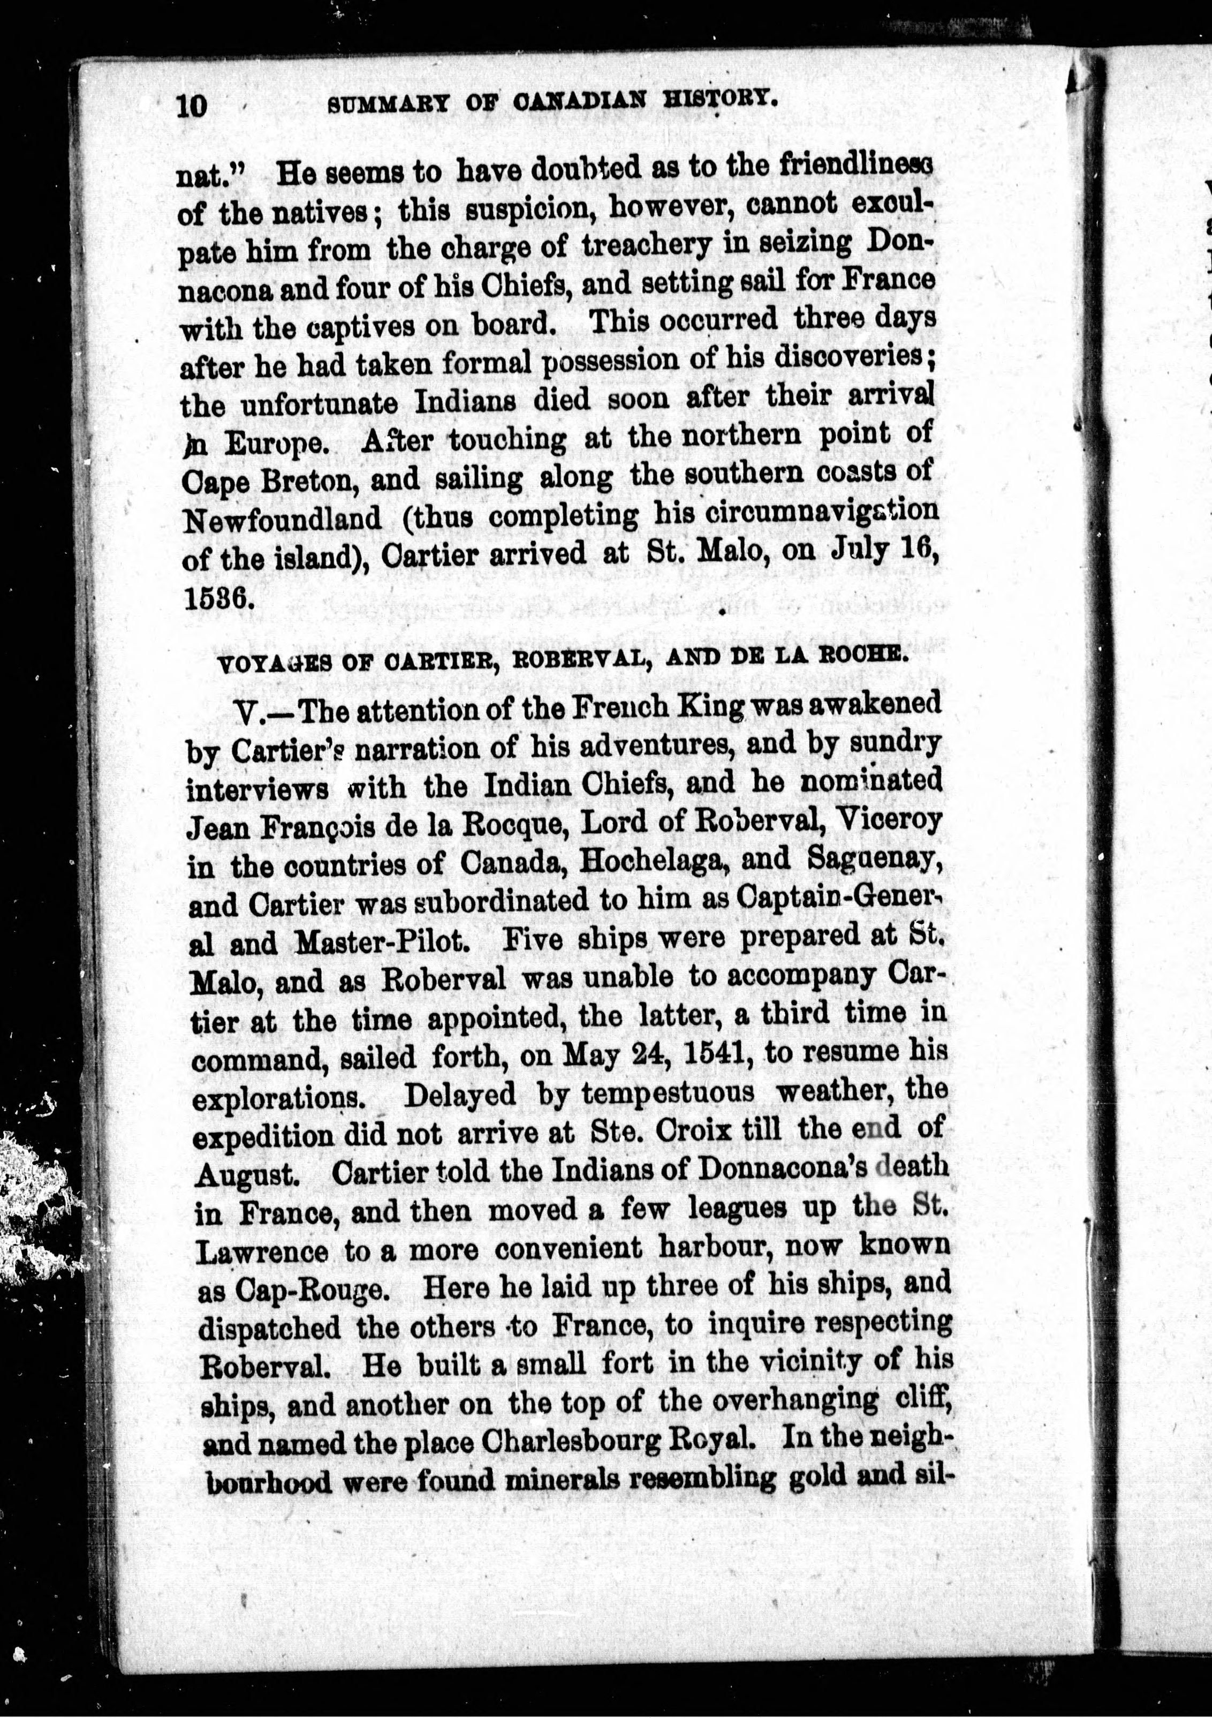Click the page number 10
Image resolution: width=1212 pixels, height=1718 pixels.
pos(192,106)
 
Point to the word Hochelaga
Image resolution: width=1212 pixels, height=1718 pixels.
pos(654,861)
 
